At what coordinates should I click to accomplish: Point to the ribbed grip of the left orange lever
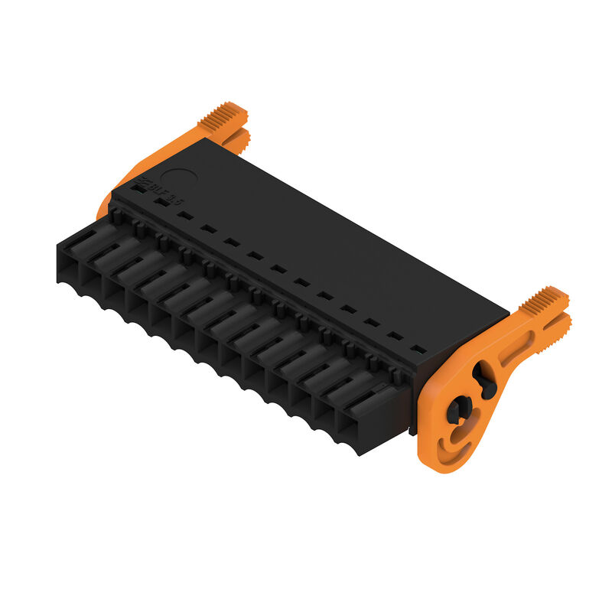coord(222,116)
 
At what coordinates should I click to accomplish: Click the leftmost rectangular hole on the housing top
coord(138,186)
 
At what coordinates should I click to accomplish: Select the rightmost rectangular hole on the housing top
coord(418,350)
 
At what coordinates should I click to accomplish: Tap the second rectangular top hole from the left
coord(161,202)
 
